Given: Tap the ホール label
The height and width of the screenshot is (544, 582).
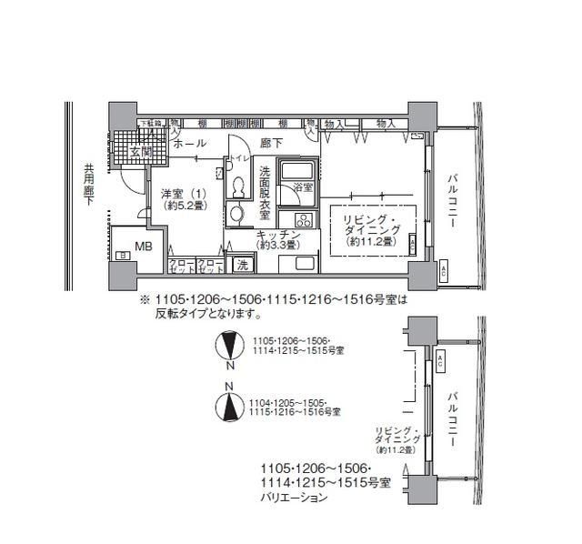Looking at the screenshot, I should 188,145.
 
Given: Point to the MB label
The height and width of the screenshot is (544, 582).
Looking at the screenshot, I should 144,246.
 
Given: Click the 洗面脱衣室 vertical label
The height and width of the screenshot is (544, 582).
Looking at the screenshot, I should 265,193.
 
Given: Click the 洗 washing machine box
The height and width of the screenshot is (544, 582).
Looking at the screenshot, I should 242,265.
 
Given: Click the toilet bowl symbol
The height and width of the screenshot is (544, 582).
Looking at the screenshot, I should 239,185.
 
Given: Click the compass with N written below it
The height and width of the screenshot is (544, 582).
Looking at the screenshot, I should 230,347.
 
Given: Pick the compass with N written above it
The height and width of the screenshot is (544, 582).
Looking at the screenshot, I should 230,405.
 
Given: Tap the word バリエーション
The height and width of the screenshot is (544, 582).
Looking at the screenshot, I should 294,499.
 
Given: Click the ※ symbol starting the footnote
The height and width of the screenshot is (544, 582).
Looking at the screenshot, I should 143,297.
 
